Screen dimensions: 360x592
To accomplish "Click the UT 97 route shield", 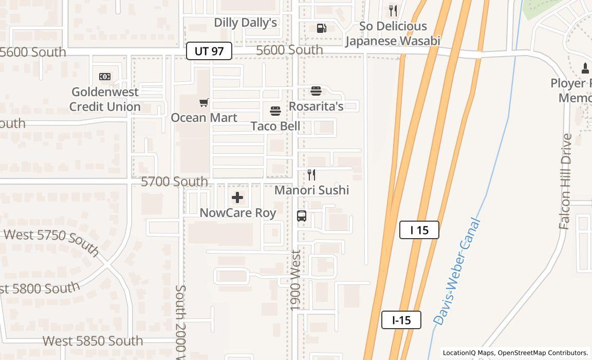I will point(209,51).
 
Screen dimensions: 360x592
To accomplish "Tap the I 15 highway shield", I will point(419,230).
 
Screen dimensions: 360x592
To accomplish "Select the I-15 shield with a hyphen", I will point(401,320).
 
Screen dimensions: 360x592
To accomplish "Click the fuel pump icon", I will point(321,28).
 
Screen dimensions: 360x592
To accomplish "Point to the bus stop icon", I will point(302,216).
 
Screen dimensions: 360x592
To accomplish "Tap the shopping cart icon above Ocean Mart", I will point(204,103).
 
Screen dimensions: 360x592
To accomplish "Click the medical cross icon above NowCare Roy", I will point(237,197).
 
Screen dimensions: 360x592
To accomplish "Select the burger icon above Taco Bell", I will point(275,111).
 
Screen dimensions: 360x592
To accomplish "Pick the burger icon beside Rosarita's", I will point(316,92).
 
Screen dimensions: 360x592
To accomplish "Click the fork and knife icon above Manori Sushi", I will point(311,175).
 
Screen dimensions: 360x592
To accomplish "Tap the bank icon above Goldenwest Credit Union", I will point(105,77).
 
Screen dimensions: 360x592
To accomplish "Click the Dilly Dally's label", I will point(245,23).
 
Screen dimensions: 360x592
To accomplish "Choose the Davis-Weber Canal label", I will point(457,272).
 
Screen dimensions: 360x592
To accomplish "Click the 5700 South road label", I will point(174,182).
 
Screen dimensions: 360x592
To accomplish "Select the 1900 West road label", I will point(295,280).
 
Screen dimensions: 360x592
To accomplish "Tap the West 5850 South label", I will point(92,341).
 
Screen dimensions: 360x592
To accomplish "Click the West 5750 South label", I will point(51,240).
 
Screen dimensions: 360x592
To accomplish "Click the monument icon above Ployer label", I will point(585,67).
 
